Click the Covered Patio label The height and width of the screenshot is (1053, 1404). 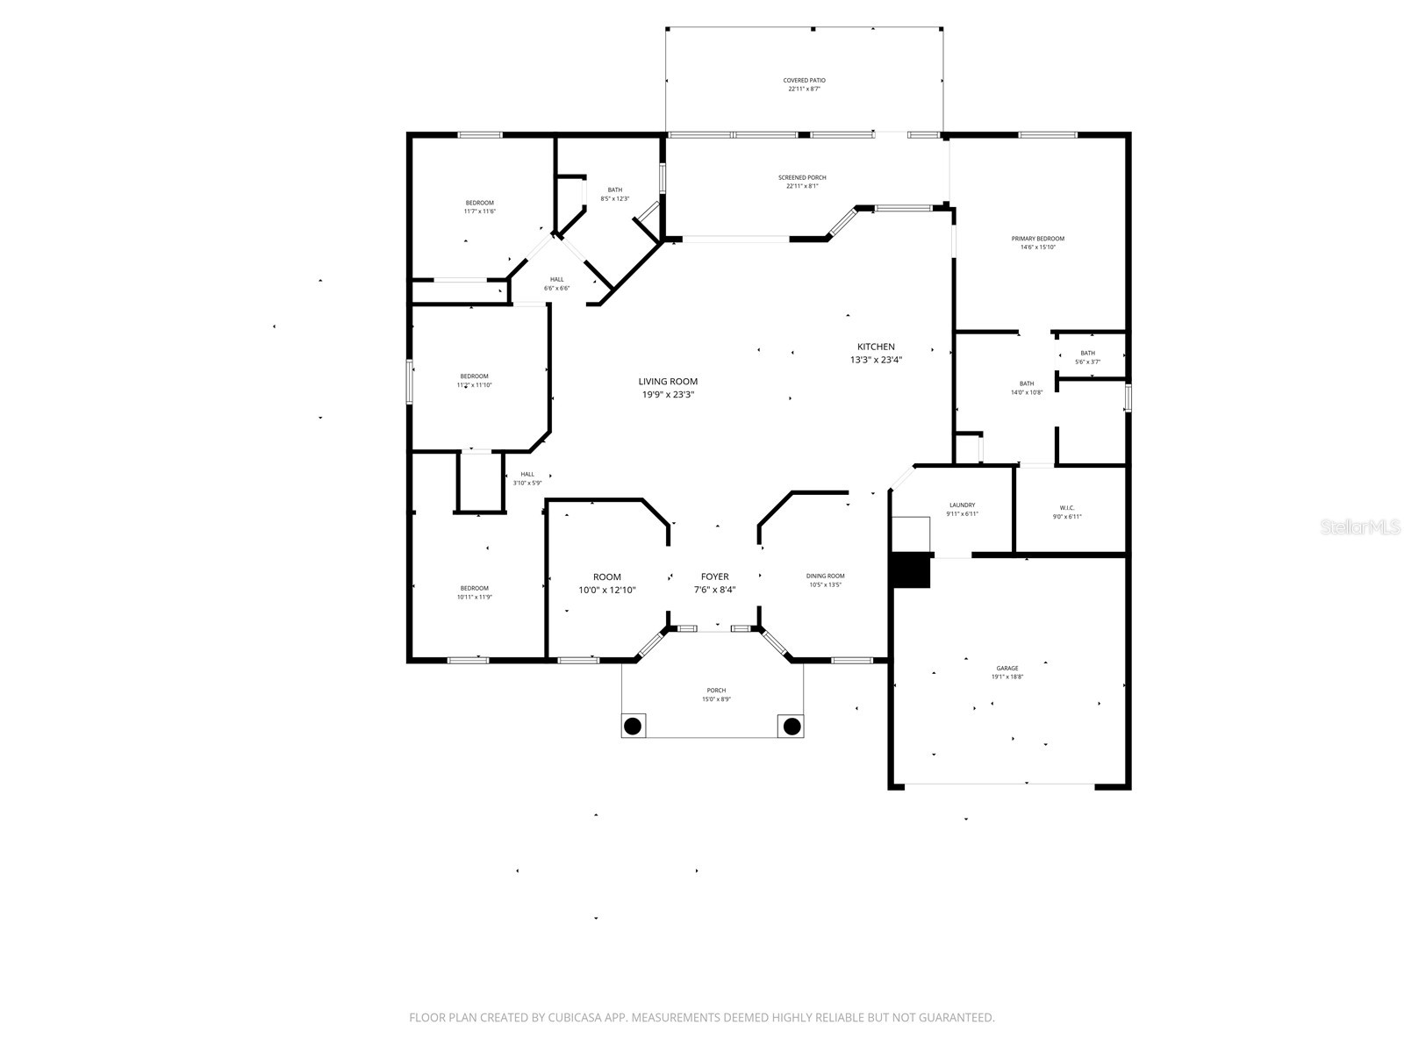pos(804,81)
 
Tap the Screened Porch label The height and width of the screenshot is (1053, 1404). pos(802,178)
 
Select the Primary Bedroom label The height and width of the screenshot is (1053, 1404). pos(1037,239)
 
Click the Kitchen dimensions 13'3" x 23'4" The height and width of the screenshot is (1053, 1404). pos(876,360)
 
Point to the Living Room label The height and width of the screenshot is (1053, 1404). pos(668,382)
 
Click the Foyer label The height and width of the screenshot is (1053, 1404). pos(714,577)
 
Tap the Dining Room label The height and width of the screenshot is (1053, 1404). pos(825,577)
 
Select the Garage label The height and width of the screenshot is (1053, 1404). pos(1007,669)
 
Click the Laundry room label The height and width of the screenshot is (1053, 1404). pos(962,505)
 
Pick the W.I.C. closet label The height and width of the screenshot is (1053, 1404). pos(1067,508)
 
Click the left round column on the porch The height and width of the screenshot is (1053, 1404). pos(633,727)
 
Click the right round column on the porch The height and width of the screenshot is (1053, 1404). pos(792,727)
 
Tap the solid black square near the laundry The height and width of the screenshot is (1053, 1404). pos(911,569)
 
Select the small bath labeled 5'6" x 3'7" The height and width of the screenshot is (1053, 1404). pos(1087,357)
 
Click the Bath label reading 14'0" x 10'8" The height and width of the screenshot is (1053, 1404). pos(1026,388)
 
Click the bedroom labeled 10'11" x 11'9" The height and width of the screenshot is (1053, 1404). pos(474,592)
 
